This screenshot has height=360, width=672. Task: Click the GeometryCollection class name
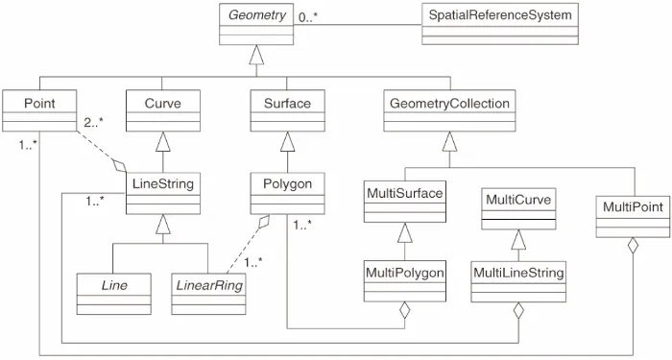coord(450,102)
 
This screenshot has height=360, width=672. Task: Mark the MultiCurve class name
coord(511,200)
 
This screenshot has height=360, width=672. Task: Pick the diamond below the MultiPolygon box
coord(405,310)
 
